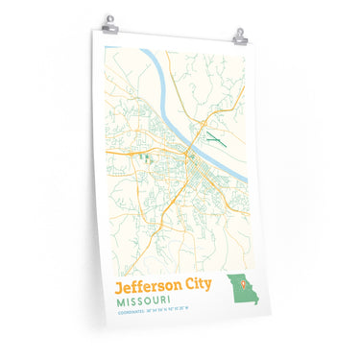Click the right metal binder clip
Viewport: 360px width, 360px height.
[239, 36]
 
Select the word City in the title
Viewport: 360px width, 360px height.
[199, 288]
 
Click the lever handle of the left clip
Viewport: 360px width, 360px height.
[109, 17]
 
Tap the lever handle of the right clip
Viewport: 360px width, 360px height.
[239, 31]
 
